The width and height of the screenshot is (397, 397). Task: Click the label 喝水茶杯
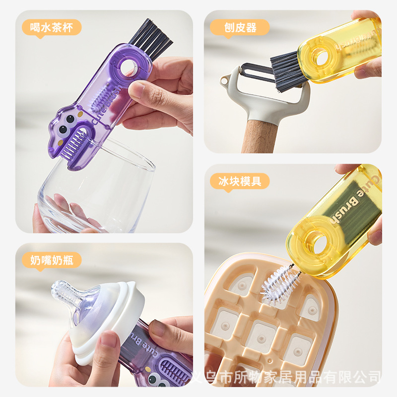pyautogui.click(x=51, y=27)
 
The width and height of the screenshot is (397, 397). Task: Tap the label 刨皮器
pyautogui.click(x=240, y=27)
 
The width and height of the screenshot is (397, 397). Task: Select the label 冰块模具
pyautogui.click(x=240, y=181)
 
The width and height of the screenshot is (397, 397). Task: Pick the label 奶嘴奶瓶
pyautogui.click(x=51, y=260)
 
